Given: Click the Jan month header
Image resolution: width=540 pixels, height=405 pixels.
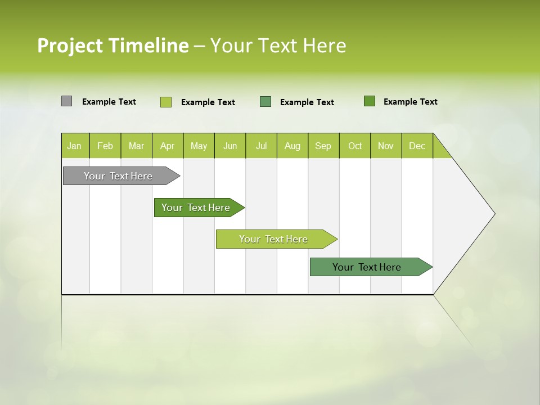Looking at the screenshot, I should coord(74,146).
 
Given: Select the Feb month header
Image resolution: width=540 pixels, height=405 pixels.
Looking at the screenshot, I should coord(105,146).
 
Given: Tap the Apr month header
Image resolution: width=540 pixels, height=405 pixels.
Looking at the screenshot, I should coord(167,146).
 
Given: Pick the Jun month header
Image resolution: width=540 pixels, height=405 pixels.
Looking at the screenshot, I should coord(230,146).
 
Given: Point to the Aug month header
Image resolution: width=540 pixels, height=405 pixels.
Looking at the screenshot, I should coord(292,146).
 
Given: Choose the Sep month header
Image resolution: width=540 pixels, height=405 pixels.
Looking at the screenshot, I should coord(323,146).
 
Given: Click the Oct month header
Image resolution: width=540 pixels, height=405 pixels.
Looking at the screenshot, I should coord(355,146).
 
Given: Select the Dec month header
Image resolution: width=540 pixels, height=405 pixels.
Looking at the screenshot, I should coord(417,146).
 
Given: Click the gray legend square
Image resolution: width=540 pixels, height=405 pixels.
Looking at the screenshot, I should coord(66,101).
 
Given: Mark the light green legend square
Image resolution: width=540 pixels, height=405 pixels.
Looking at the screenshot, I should coord(166,102).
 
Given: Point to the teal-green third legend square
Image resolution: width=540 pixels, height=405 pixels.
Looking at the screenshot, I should coord(265,102).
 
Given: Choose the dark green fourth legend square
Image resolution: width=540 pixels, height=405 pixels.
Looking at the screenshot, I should coord(370,101).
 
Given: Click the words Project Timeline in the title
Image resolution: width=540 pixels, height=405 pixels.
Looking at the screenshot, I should coord(112,46).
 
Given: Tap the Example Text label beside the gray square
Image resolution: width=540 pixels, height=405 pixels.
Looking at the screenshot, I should coord(109,102).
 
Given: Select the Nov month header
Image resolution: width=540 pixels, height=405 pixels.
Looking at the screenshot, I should coord(386,146).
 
